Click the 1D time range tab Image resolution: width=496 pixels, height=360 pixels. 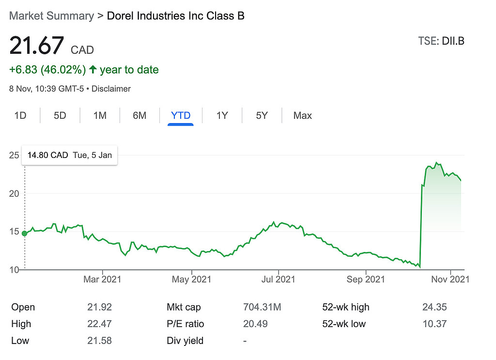(20, 116)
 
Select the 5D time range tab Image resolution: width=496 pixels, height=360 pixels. (60, 116)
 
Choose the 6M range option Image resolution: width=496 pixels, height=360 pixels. (139, 116)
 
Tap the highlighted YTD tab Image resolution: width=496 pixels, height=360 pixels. (181, 116)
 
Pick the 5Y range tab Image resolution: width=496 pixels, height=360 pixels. (262, 116)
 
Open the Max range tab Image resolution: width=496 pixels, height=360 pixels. (303, 116)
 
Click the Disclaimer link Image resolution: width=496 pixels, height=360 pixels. (111, 89)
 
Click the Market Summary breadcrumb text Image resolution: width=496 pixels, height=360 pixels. (51, 16)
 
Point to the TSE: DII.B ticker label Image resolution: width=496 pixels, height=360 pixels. (441, 41)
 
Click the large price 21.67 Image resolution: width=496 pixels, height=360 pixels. (37, 46)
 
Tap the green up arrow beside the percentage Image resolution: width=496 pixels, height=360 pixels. (93, 70)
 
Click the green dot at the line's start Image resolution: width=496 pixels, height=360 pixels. (25, 234)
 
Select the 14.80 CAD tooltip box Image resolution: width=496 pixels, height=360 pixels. (70, 156)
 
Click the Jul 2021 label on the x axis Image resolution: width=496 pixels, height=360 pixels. (278, 279)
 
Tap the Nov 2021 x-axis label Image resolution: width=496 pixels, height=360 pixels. (450, 279)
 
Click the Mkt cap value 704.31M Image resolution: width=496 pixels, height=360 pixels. (262, 307)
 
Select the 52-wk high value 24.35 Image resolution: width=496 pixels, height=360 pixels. (434, 307)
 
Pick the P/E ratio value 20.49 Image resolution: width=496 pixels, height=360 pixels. (255, 324)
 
